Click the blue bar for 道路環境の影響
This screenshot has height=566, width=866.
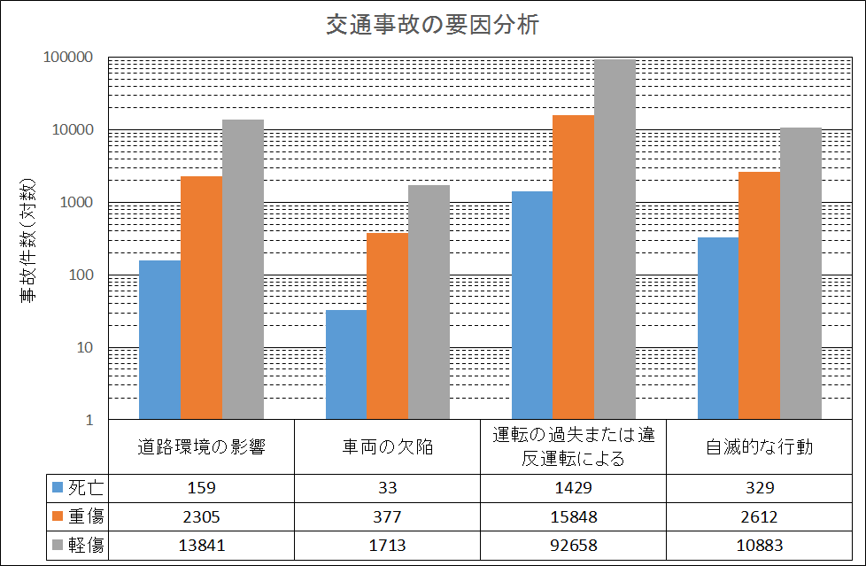click(160, 339)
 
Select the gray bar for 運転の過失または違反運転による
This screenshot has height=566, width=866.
click(615, 239)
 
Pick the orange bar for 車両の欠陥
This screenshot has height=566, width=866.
click(388, 326)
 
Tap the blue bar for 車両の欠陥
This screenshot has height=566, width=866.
click(346, 364)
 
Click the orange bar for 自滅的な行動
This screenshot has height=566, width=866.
click(760, 295)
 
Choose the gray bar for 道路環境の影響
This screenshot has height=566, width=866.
click(243, 269)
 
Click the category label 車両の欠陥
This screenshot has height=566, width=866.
click(388, 447)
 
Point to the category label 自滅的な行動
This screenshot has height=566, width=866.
click(760, 447)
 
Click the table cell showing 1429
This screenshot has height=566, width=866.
click(574, 487)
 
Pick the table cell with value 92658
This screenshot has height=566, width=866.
click(574, 546)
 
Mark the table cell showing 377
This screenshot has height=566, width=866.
click(388, 516)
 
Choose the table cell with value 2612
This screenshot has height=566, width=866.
click(760, 516)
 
